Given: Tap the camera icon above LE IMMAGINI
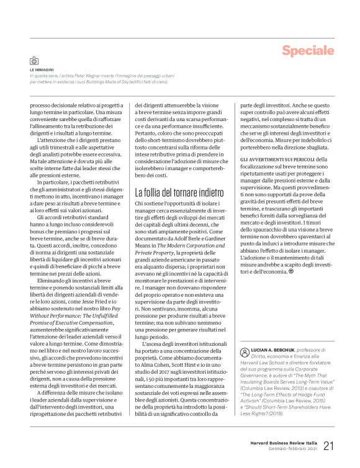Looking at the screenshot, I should click(x=34, y=61).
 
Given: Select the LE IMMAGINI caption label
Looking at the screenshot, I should click(x=42, y=70).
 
